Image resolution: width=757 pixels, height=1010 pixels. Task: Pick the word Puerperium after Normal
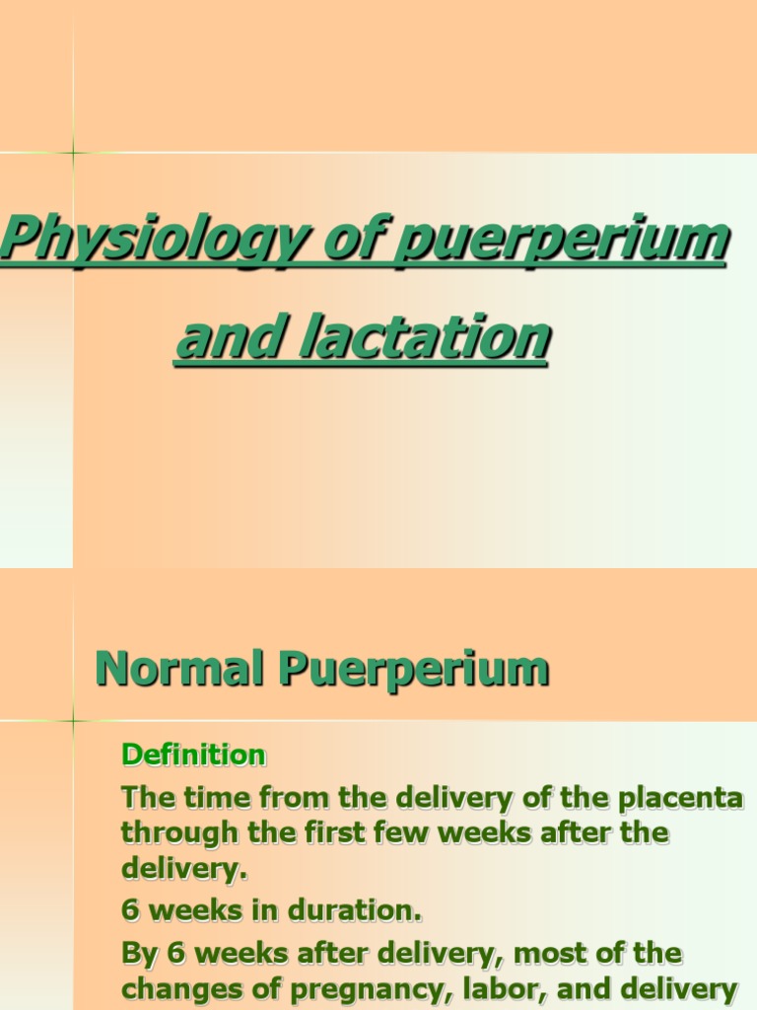(x=413, y=670)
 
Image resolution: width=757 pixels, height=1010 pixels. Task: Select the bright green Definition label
(x=193, y=756)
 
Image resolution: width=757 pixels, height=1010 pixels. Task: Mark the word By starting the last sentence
(x=137, y=953)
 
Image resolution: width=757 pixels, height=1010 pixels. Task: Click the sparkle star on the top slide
(x=73, y=152)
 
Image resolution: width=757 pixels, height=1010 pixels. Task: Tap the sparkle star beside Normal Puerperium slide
(x=73, y=720)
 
